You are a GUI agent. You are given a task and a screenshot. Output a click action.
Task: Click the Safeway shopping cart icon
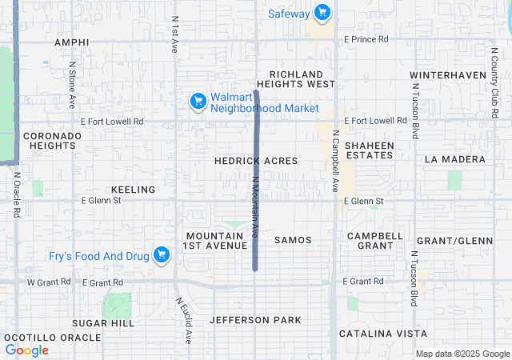pyautogui.click(x=322, y=13)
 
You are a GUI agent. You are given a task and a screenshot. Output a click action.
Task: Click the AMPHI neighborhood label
pyautogui.click(x=71, y=42)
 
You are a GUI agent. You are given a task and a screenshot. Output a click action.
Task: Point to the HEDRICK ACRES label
pyautogui.click(x=256, y=161)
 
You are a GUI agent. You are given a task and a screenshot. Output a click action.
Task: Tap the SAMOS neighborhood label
pyautogui.click(x=293, y=240)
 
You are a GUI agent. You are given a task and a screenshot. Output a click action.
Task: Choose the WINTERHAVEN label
pyautogui.click(x=448, y=75)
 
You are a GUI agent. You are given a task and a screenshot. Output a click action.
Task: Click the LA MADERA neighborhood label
pyautogui.click(x=455, y=159)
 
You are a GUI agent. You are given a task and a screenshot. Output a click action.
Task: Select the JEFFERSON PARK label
pyautogui.click(x=256, y=320)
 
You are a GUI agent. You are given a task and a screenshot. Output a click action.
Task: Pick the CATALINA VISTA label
pyautogui.click(x=383, y=333)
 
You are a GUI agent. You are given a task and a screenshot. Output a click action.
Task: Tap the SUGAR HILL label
pyautogui.click(x=103, y=322)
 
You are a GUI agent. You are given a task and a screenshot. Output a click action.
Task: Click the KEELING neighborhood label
pyautogui.click(x=133, y=190)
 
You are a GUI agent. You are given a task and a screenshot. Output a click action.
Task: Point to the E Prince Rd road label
pyautogui.click(x=366, y=38)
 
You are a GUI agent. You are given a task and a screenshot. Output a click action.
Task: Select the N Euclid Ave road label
pyautogui.click(x=184, y=320)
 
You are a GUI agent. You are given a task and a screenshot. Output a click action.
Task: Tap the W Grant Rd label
pyautogui.click(x=44, y=282)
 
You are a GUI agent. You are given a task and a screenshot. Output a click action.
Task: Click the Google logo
pyautogui.click(x=27, y=350)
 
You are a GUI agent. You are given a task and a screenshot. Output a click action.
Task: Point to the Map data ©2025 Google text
pyautogui.click(x=462, y=354)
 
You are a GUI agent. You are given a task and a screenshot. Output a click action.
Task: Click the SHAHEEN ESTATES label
pyautogui.click(x=370, y=150)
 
